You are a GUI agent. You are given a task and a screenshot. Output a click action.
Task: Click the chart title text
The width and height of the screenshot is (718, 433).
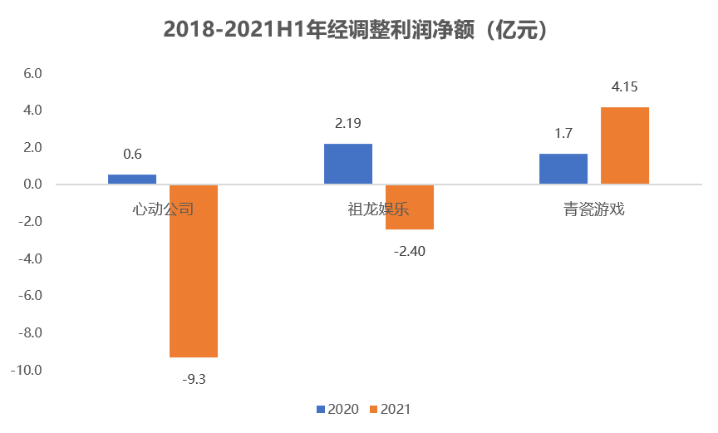pos(358,30)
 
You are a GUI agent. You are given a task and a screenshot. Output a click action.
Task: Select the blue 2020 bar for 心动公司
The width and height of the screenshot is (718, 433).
pos(132,180)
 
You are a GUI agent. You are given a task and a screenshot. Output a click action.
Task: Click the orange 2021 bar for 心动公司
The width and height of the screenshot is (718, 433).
pos(194,271)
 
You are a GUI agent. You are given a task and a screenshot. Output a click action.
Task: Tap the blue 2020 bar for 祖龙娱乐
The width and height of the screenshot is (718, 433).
pos(348,164)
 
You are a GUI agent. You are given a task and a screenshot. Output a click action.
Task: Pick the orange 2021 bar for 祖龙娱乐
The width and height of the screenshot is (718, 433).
pos(409,207)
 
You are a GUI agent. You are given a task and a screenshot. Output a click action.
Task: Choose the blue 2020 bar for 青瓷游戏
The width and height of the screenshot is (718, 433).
pos(563,169)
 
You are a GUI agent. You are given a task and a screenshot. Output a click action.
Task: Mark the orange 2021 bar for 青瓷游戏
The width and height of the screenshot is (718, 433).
pos(625,145)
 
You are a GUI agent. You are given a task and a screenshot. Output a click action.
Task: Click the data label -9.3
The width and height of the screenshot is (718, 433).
pos(194,379)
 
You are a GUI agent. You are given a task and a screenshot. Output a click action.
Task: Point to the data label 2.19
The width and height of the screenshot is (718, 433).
pos(348,124)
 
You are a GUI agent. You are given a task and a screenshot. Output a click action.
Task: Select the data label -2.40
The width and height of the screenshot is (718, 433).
pos(409,251)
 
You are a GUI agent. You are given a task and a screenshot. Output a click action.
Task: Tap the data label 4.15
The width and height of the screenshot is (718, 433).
pos(625,87)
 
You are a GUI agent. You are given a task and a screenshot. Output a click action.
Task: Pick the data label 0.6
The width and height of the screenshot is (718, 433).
pos(132,154)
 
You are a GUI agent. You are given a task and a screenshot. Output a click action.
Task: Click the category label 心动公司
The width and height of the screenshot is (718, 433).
pos(163,209)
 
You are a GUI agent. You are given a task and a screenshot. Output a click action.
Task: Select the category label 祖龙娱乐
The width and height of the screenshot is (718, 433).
pos(378,209)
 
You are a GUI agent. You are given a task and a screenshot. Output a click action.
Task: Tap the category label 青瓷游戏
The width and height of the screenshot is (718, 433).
pos(593,209)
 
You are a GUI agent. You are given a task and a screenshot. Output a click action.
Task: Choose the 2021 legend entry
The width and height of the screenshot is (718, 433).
pos(389,409)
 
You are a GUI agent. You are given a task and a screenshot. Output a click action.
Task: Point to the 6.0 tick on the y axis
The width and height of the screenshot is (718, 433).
pos(32,74)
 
